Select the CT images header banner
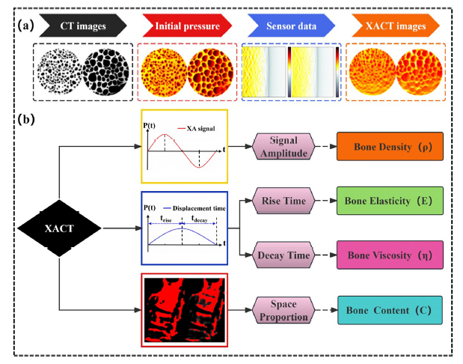82,27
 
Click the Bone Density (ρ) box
385,146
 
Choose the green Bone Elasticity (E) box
385,201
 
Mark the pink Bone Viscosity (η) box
385,255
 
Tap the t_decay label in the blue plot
199,220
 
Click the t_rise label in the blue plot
166,220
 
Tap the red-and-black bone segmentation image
183,310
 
